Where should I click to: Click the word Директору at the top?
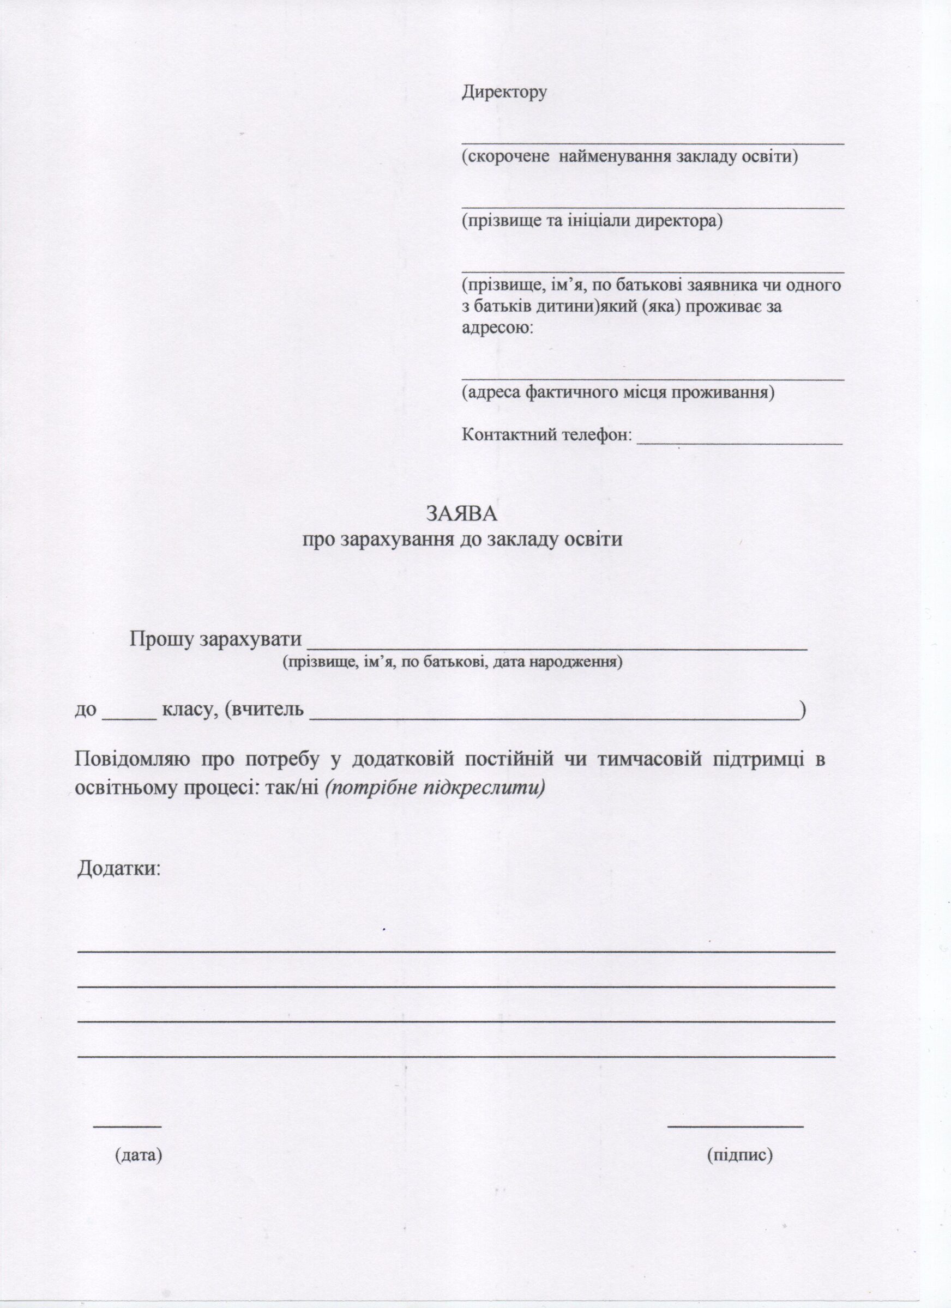point(504,92)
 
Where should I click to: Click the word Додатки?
point(119,883)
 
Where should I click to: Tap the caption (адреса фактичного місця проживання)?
point(617,392)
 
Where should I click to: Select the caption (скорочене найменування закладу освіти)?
point(629,156)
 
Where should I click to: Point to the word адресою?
point(497,328)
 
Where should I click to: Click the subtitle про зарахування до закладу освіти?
point(462,539)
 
